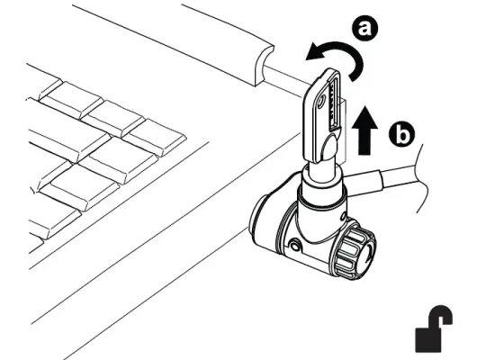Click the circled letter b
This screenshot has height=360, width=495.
pos(402,135)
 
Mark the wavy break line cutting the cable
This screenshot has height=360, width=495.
pos(417,180)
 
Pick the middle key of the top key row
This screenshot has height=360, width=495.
pos(113,118)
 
